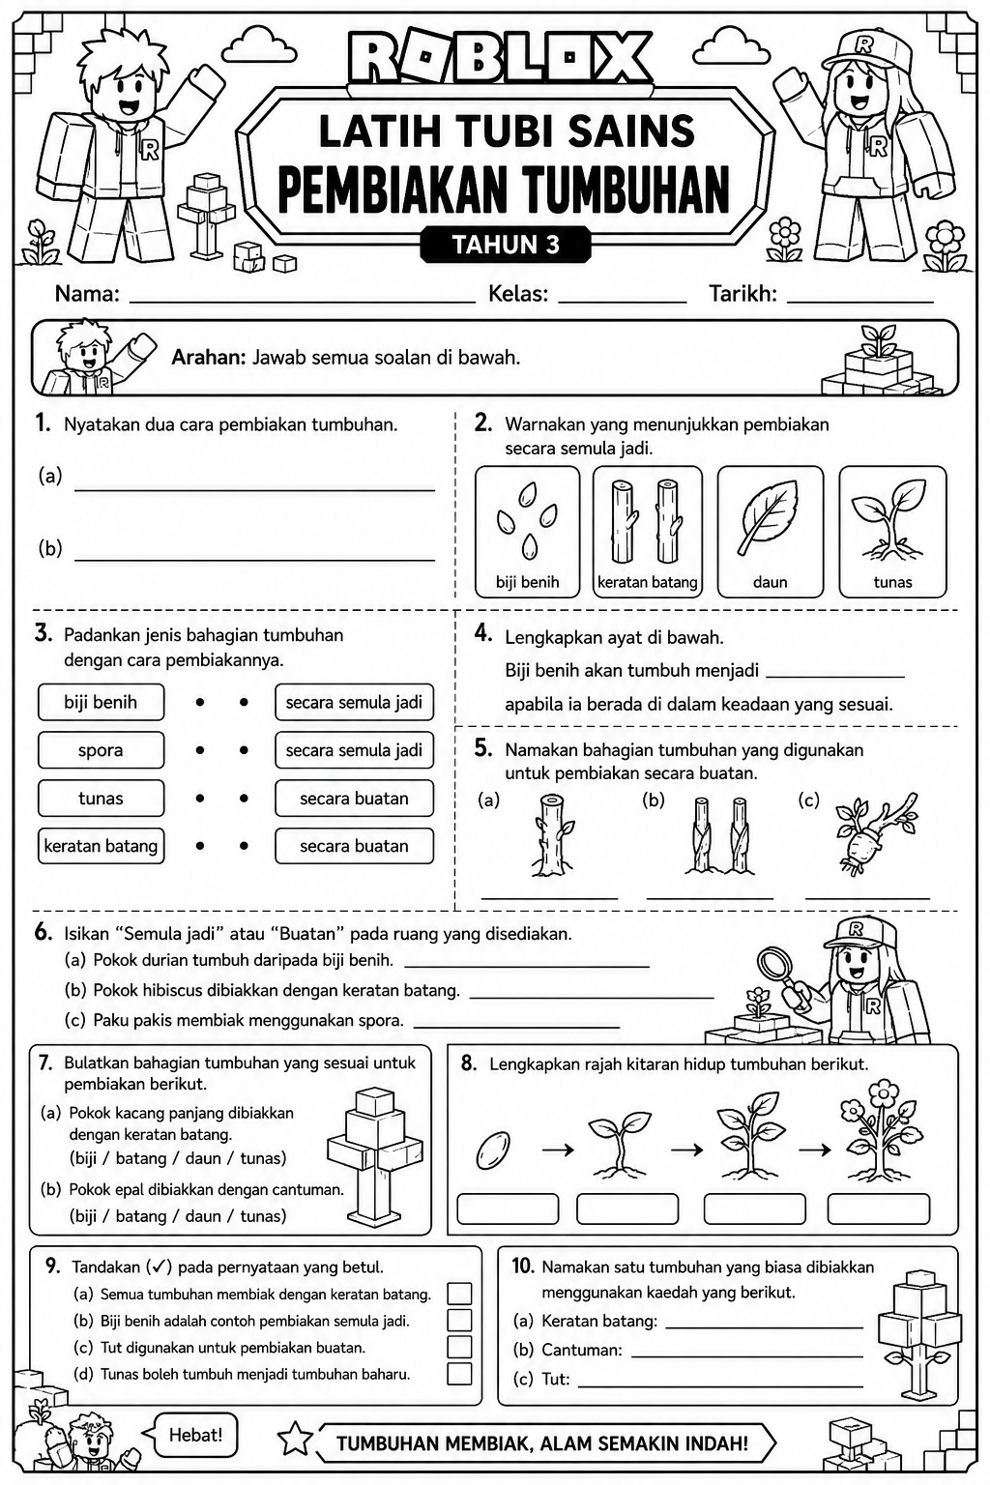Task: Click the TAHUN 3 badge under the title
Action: [506, 245]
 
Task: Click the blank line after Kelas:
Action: [623, 303]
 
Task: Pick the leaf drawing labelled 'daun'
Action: [771, 518]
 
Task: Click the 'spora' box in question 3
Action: [101, 750]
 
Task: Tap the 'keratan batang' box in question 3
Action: [101, 846]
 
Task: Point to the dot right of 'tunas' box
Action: [199, 799]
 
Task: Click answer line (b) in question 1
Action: [254, 560]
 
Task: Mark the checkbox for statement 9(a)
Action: [459, 1294]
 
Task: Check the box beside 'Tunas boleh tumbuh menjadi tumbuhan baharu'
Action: [459, 1374]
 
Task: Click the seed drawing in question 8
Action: [493, 1150]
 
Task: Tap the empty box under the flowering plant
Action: [879, 1209]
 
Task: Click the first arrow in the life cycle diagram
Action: [558, 1150]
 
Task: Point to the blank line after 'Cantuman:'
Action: [747, 1357]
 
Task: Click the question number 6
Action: [44, 933]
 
